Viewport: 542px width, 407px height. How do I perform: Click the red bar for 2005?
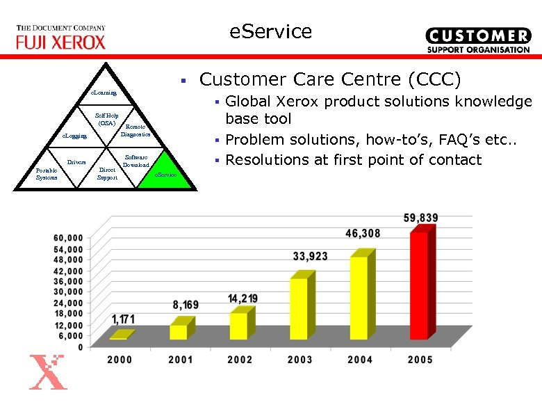[x=419, y=285]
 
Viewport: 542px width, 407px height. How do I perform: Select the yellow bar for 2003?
[x=299, y=308]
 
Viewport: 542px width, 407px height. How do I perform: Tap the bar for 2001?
[x=179, y=331]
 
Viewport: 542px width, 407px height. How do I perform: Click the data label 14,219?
[x=243, y=298]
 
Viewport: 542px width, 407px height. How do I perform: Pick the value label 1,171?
[x=123, y=319]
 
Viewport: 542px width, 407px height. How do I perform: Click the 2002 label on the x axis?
[x=240, y=360]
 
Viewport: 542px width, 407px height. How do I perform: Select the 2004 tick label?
[x=360, y=360]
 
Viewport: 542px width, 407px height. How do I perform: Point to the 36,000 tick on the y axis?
[x=69, y=281]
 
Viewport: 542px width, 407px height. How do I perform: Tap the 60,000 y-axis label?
[x=69, y=238]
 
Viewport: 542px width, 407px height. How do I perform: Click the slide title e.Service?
[x=271, y=31]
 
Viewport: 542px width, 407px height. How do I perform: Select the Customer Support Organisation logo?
[x=477, y=40]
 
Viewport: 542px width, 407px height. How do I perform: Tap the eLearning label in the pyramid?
[x=105, y=93]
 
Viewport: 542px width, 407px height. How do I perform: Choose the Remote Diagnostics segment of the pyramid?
[x=135, y=130]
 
